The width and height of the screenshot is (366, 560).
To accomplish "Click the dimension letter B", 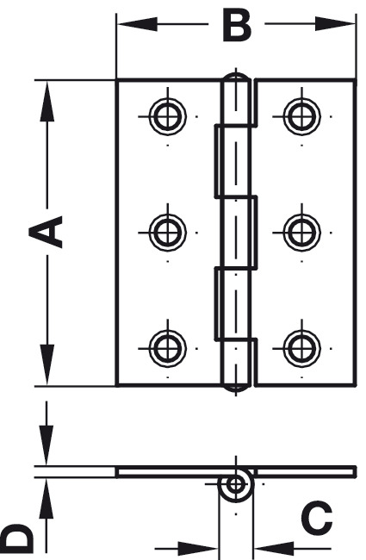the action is tap(237, 25).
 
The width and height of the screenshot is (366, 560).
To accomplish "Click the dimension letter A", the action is tap(46, 232).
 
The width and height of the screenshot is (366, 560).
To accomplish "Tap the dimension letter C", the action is tap(316, 516).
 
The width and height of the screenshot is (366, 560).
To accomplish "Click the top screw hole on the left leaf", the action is tap(167, 116).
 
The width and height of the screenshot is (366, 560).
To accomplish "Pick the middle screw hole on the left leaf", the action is tap(167, 233).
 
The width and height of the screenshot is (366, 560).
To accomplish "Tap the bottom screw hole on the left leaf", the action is tap(167, 348).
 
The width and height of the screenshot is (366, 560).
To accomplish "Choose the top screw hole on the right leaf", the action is tap(301, 116).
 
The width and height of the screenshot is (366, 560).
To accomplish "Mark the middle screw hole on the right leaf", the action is tap(301, 233).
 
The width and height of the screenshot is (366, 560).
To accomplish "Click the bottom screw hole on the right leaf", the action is tap(301, 348).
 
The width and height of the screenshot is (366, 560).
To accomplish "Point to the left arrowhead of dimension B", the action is tap(138, 24).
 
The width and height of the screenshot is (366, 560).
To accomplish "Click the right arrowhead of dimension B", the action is tap(335, 24).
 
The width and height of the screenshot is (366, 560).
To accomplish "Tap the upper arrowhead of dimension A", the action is tap(47, 101).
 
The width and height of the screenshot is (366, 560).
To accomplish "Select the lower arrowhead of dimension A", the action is tap(47, 364).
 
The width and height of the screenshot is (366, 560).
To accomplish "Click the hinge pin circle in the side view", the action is tap(235, 485).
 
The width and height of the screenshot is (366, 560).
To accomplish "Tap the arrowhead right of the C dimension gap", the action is tap(273, 548).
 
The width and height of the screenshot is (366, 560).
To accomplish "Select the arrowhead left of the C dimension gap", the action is tap(197, 548).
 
